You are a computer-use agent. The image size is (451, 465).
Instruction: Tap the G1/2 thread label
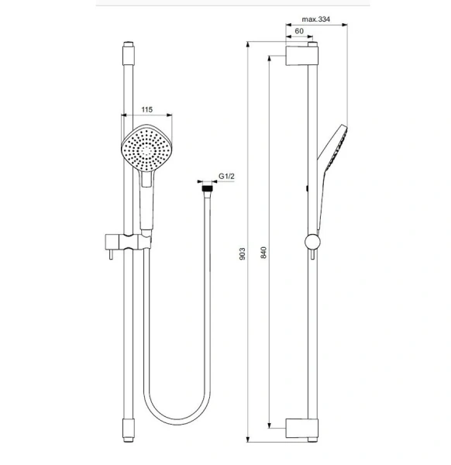point(226,177)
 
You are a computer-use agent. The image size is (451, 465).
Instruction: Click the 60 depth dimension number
point(299,31)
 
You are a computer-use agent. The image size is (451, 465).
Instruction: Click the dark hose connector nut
point(206,187)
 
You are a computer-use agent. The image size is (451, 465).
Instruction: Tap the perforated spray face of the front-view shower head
point(146,147)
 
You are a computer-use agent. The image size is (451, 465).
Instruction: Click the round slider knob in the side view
point(311,241)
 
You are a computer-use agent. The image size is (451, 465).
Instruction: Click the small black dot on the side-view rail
point(309,188)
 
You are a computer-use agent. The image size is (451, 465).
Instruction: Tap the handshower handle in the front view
point(147,205)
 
